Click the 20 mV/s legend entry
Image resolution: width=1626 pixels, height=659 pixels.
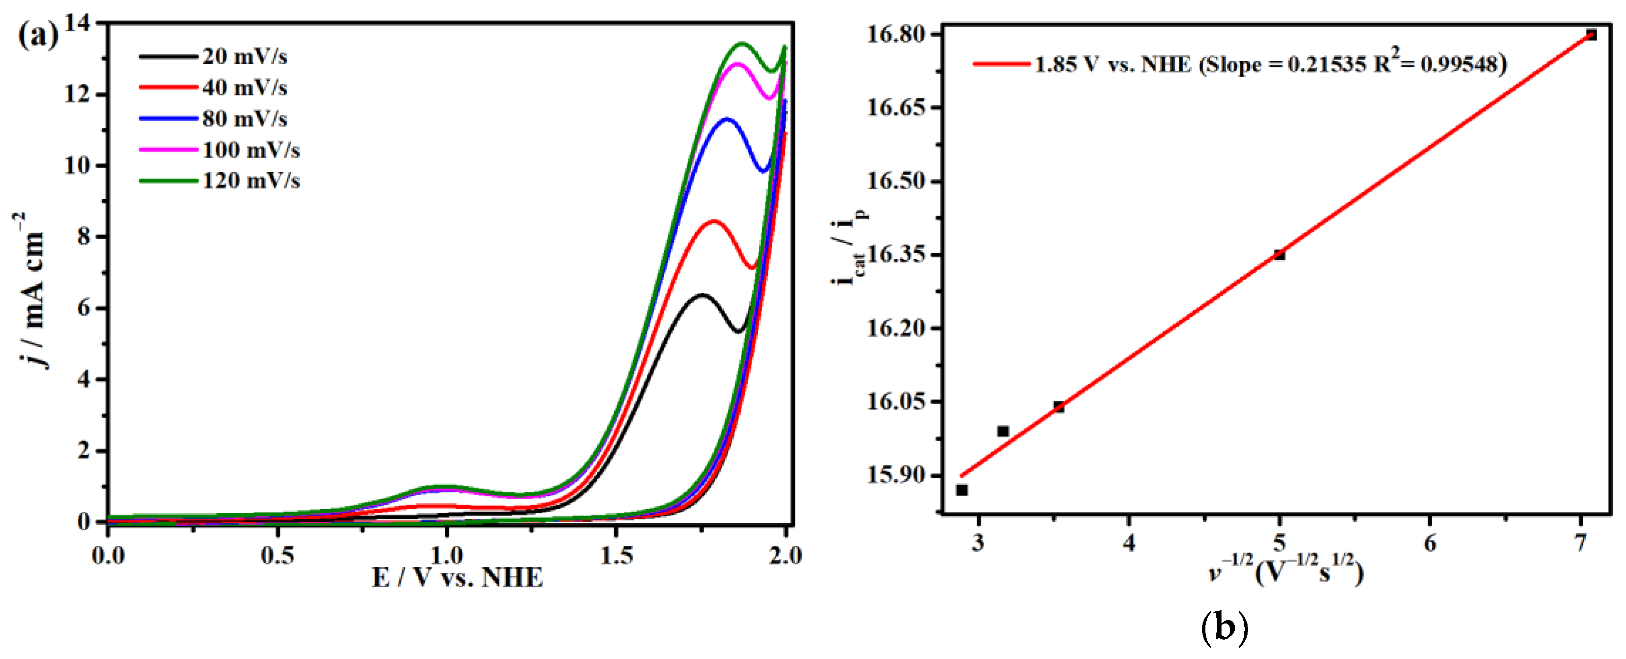coord(244,57)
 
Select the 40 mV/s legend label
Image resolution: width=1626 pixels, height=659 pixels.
coord(244,88)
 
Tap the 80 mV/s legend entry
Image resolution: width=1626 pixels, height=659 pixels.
coord(244,119)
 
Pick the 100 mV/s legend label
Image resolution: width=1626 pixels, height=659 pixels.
coord(251,150)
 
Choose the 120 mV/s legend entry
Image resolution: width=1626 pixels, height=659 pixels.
coord(251,181)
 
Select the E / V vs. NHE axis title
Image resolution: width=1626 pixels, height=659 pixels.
coord(457,578)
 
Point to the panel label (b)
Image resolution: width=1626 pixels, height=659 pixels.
coord(1223,628)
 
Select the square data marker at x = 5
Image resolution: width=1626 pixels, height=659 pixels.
coord(1279,255)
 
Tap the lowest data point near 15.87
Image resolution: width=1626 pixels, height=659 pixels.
coord(962,490)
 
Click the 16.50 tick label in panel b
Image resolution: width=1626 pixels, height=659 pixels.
coord(896,181)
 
